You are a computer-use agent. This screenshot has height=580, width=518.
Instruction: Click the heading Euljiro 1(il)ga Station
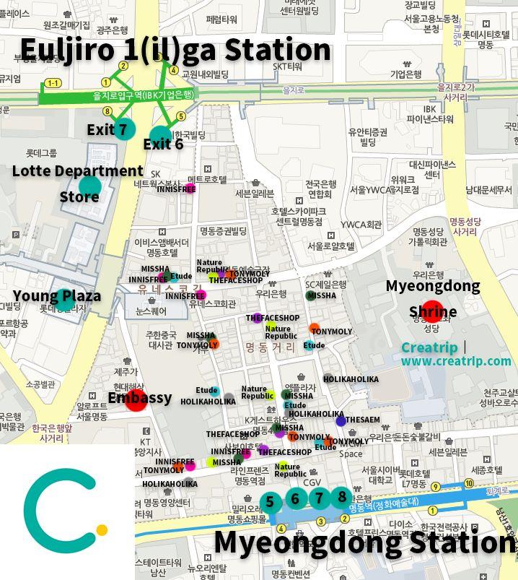click(x=175, y=49)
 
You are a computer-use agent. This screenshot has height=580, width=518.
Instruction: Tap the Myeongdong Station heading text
click(x=364, y=542)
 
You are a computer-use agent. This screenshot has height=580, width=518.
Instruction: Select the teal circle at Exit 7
click(x=124, y=128)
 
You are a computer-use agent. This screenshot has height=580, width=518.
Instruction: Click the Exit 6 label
click(x=163, y=144)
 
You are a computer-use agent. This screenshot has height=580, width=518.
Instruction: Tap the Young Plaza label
click(x=57, y=296)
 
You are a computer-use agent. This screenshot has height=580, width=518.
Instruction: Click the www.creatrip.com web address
click(x=456, y=360)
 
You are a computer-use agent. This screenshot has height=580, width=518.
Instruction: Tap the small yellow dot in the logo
click(x=102, y=530)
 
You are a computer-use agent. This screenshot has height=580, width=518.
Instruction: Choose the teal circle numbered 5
click(x=270, y=502)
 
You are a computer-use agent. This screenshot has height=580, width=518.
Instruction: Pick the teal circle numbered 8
click(x=342, y=497)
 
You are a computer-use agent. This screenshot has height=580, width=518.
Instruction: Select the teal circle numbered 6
click(x=294, y=498)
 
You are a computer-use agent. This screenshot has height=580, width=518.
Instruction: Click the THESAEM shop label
click(x=362, y=420)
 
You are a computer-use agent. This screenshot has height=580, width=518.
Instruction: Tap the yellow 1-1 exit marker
click(x=53, y=84)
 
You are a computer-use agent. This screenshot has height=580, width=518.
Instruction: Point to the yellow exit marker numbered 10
click(x=469, y=482)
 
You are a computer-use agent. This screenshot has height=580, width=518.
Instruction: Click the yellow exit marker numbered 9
click(x=435, y=486)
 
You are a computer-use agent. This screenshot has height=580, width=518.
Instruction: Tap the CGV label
click(x=312, y=482)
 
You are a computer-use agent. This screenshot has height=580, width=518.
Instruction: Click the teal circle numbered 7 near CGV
click(x=319, y=498)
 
